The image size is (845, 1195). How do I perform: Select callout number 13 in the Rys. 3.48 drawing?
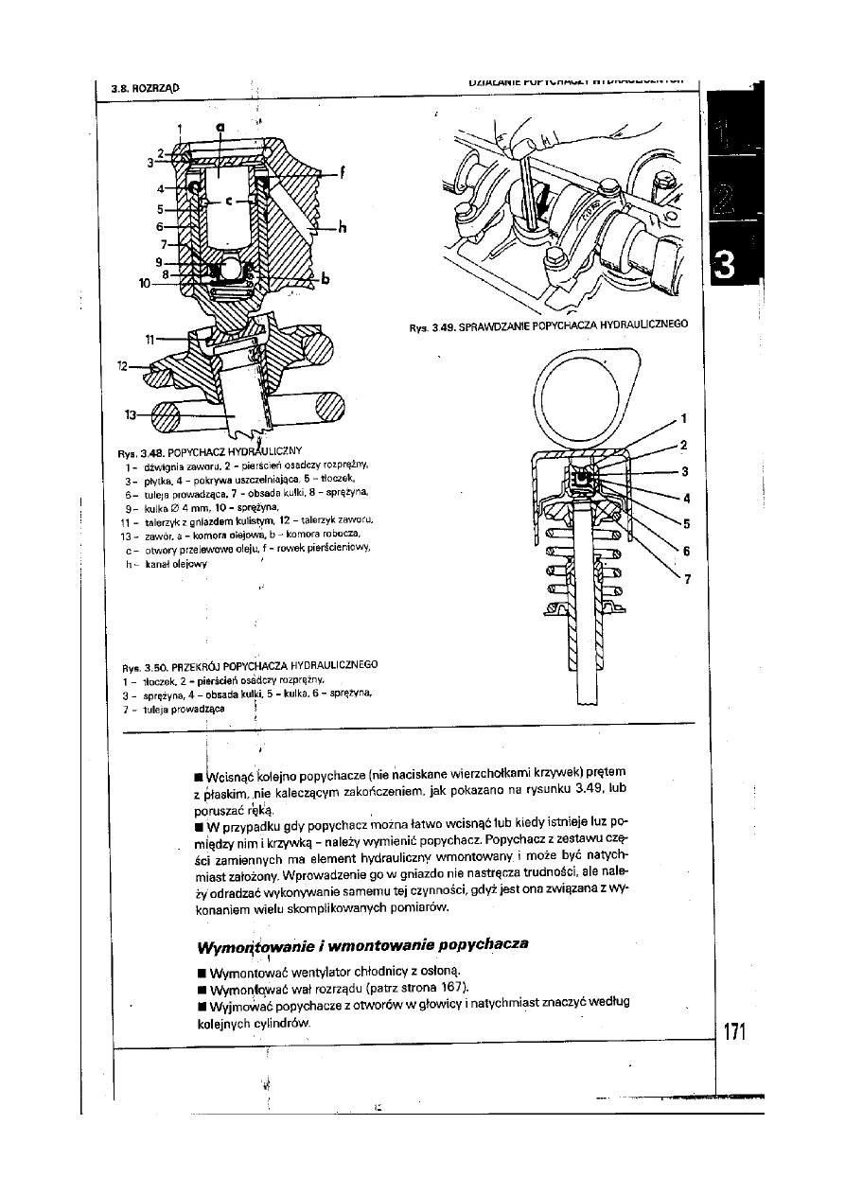point(130,413)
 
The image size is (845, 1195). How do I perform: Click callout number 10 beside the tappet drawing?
point(144,282)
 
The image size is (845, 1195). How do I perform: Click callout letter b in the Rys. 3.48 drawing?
point(326,278)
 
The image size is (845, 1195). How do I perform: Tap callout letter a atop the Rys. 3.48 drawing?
point(220,125)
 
